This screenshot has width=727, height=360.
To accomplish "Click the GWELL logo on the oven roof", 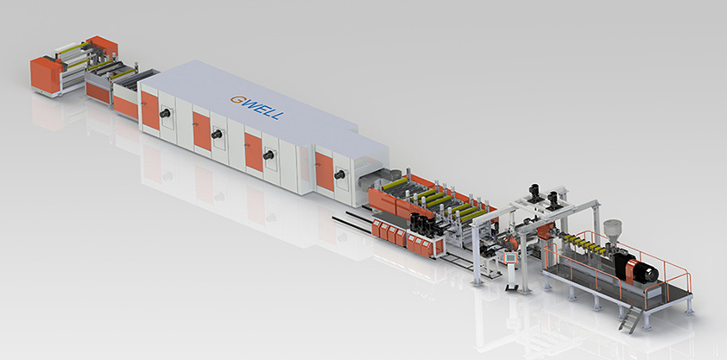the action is (x=256, y=108).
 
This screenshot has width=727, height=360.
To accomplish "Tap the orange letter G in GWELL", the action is (x=236, y=99).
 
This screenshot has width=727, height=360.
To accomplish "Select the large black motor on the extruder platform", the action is (x=643, y=272).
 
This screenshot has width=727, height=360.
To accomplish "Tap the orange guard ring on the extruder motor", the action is (x=630, y=271).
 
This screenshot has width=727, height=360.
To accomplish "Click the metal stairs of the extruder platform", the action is (x=631, y=319).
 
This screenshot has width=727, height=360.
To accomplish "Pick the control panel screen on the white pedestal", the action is (x=509, y=257).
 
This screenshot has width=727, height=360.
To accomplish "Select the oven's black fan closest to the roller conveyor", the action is (x=340, y=174).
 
